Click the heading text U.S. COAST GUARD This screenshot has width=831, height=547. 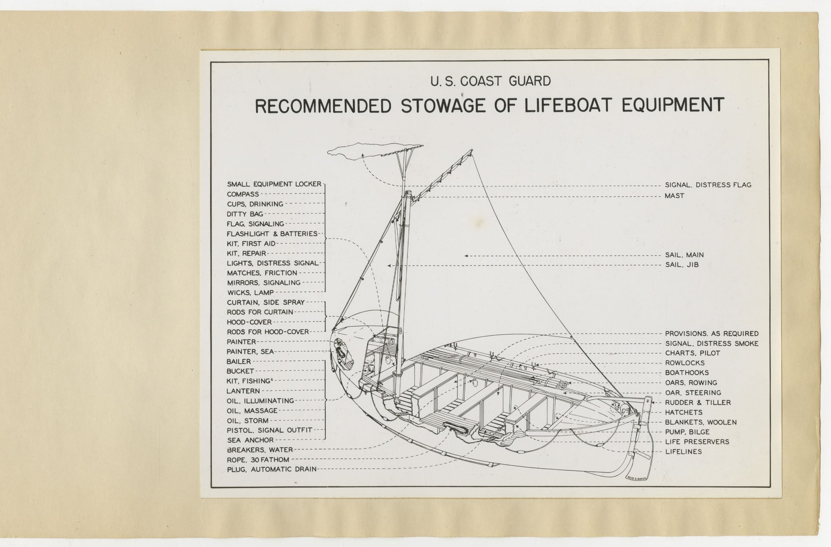491,81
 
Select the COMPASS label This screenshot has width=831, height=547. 243,194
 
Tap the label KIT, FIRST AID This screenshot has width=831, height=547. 251,244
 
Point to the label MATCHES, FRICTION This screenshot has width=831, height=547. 262,273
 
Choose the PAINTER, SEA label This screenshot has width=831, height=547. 250,352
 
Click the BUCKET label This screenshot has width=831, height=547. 240,371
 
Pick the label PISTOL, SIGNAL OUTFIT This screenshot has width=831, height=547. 269,430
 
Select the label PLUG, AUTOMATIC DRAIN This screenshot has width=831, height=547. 272,470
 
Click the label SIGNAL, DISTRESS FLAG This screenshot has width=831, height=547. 708,185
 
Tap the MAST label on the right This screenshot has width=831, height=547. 674,196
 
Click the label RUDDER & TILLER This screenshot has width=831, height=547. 698,402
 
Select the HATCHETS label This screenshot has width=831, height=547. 684,412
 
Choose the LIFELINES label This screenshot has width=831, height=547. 683,452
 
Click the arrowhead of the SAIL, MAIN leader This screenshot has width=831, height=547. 466,256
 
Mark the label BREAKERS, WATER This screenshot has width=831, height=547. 260,450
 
